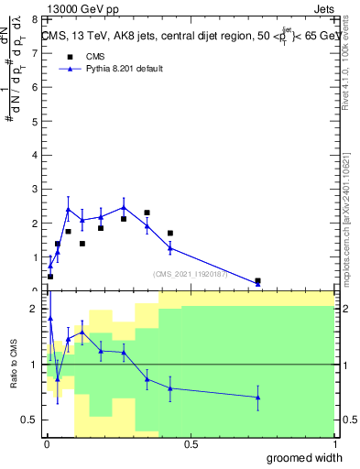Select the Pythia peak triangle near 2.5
pyautogui.click(x=124, y=207)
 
